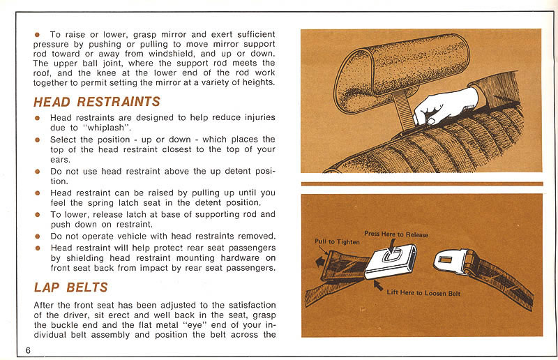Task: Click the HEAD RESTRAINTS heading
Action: coord(96,102)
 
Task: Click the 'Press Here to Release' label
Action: coord(396,234)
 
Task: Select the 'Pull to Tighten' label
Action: coord(338,241)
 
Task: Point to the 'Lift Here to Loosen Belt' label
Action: coord(423,293)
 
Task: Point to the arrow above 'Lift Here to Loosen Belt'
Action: coord(378,285)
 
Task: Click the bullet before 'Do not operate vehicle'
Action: coord(38,236)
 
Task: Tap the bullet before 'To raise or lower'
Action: coord(38,34)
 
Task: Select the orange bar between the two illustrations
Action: coord(421,183)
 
